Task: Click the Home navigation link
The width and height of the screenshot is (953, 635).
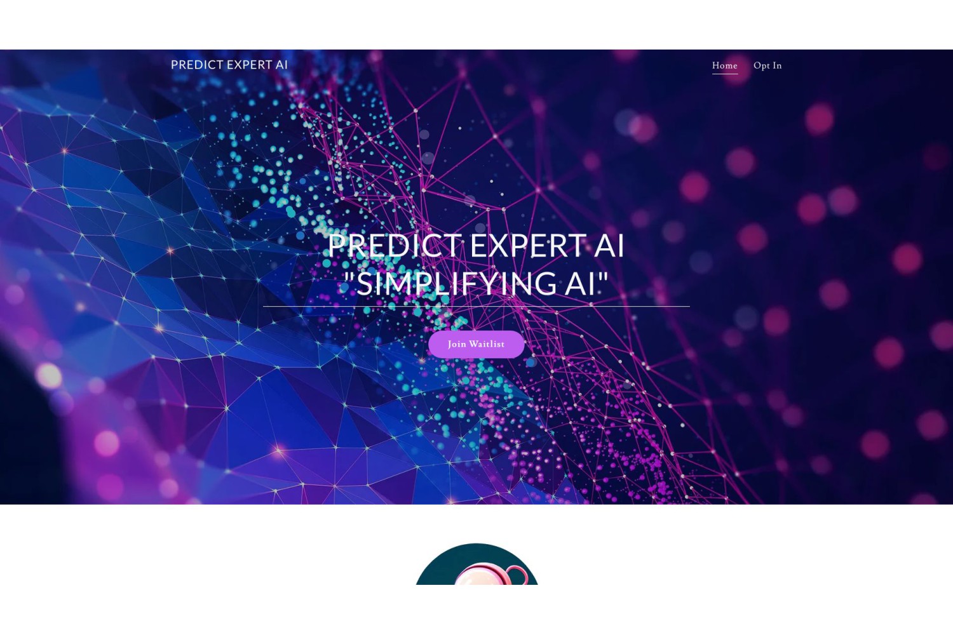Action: click(x=724, y=65)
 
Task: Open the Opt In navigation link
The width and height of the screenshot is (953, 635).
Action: click(x=767, y=65)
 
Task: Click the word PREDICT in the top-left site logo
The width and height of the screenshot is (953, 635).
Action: click(x=197, y=65)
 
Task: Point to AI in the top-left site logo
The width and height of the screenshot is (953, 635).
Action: click(x=281, y=65)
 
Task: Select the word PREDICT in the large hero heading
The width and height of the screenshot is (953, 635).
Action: click(x=395, y=245)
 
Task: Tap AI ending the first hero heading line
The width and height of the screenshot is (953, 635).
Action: click(x=609, y=245)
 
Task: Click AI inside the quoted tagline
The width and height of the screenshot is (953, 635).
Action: click(x=580, y=284)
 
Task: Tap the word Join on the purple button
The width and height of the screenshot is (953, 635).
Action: click(x=457, y=345)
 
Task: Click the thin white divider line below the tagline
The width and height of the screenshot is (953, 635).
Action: click(x=476, y=306)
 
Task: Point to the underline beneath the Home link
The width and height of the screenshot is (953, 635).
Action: click(x=725, y=74)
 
